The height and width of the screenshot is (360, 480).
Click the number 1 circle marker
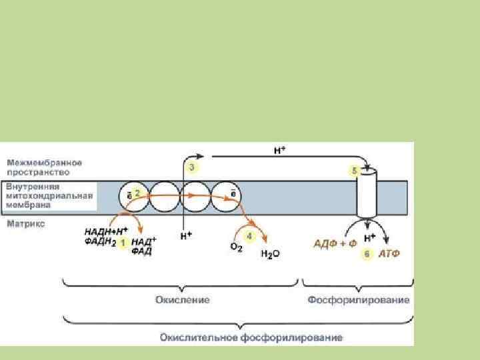pos(123,243)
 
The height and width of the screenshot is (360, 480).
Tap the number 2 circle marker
pos(137,192)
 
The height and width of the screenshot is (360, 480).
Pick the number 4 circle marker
pos(249,236)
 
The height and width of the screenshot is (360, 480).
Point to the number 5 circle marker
pos(355,170)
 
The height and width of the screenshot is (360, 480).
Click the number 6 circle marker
pos(367,254)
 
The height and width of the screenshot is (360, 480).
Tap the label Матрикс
pos(26,225)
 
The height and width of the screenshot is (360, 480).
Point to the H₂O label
pos(269,255)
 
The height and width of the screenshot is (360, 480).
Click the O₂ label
pos(236,247)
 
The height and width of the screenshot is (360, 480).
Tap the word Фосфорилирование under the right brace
pos(359,300)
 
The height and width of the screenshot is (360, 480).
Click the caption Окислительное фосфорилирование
pos(251,337)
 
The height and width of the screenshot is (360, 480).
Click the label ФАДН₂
pos(101,242)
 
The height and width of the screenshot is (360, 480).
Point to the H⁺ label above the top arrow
pos(280,151)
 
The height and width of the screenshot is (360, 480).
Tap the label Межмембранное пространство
pos(45,167)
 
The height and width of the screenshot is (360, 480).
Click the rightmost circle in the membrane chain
pos(226,196)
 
